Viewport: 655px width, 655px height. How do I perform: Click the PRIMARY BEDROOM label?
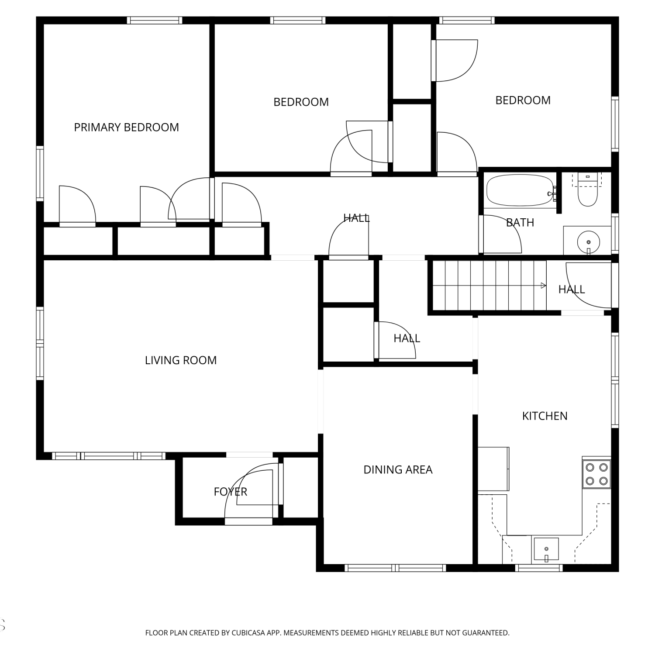tap(126, 128)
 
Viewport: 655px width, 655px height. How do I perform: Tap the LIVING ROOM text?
tap(181, 360)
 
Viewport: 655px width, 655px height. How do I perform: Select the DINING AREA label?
tap(398, 470)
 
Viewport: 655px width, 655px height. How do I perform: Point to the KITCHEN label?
tap(545, 416)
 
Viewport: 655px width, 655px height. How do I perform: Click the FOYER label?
tap(231, 492)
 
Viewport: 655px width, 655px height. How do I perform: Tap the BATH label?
tap(520, 223)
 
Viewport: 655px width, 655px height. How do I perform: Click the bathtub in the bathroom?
tap(520, 190)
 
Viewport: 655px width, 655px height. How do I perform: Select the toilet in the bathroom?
tap(587, 190)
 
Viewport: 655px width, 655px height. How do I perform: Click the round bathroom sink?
tap(588, 241)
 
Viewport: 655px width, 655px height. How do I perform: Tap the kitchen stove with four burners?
tap(596, 474)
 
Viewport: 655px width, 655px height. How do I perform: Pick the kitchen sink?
tap(546, 550)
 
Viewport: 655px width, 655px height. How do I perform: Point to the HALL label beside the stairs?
tap(572, 290)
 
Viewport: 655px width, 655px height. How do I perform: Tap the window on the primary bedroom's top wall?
tap(154, 20)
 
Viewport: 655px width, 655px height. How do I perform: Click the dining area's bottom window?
tap(395, 568)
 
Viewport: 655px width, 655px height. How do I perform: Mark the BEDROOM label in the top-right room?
tap(523, 100)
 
